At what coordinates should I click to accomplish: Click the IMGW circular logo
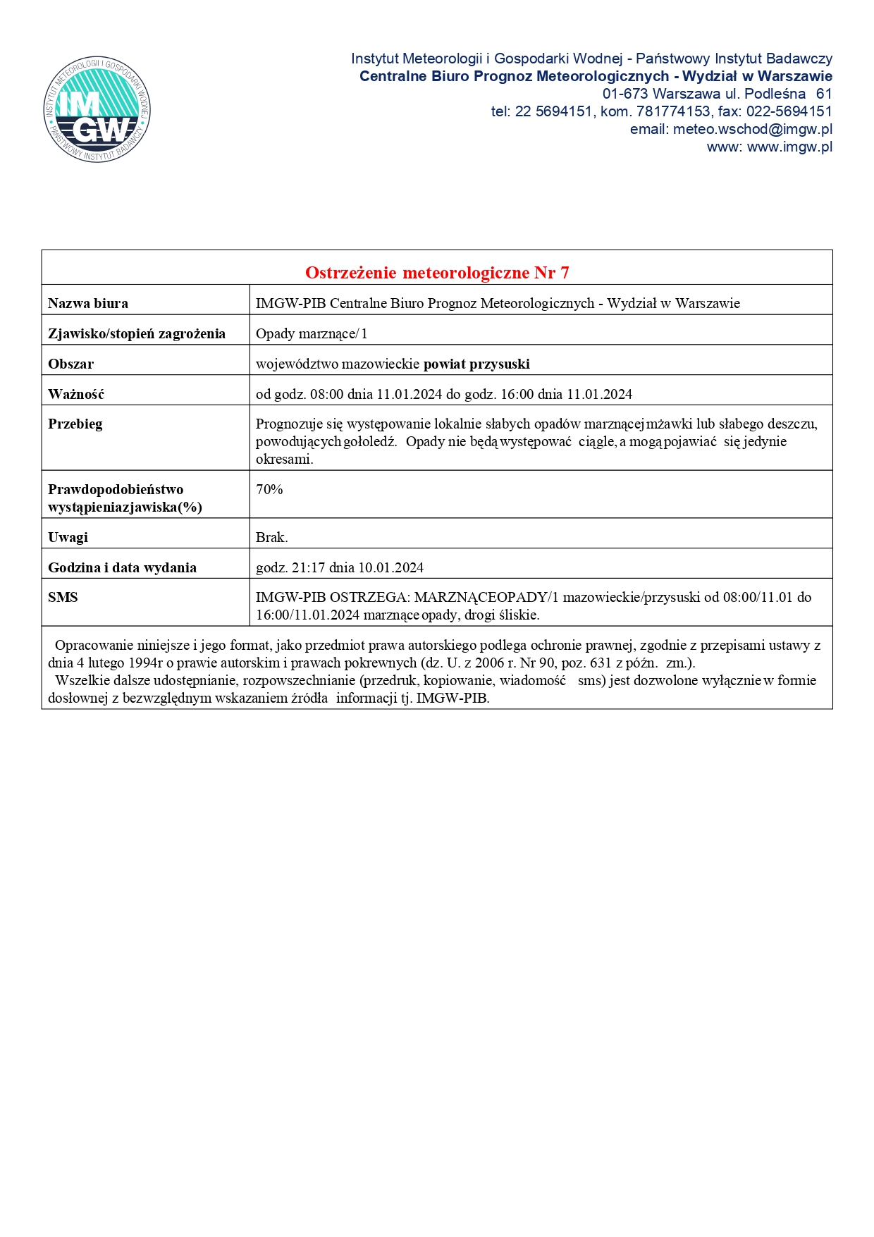(97, 109)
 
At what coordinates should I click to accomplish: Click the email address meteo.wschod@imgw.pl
(752, 129)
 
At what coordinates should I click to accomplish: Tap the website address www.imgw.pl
(789, 147)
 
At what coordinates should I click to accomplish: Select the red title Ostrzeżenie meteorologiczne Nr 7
(437, 273)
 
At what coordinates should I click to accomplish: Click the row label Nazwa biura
(88, 304)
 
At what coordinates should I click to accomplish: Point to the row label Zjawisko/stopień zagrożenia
(137, 334)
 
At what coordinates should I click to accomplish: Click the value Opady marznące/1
(312, 334)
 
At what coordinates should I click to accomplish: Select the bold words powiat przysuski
(476, 364)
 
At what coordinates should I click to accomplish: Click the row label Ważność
(76, 395)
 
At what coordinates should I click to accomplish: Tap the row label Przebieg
(75, 424)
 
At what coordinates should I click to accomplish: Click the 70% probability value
(269, 490)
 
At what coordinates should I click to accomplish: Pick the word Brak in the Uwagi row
(271, 538)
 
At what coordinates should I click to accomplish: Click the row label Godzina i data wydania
(122, 568)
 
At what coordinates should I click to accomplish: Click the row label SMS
(63, 598)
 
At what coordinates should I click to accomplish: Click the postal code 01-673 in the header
(624, 94)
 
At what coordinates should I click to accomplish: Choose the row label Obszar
(70, 364)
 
